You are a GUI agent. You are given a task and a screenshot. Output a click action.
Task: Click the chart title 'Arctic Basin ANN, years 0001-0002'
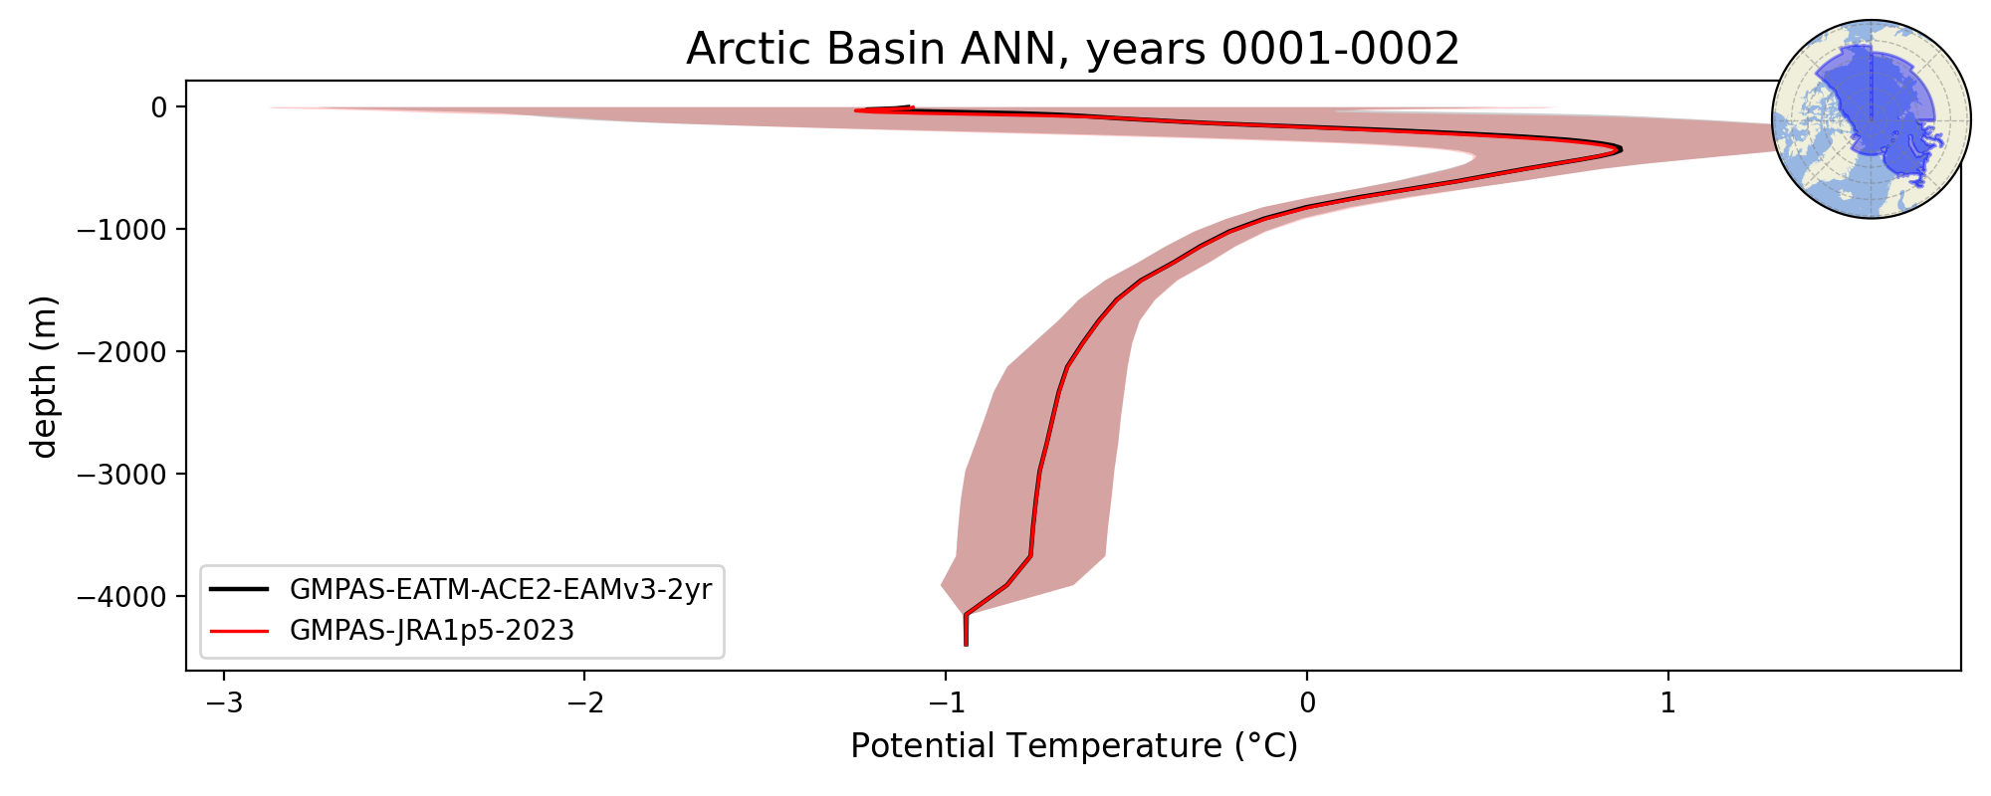(1072, 49)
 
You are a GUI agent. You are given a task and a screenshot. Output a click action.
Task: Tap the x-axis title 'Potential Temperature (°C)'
(1074, 745)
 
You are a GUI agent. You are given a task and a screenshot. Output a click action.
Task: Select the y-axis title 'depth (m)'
(45, 376)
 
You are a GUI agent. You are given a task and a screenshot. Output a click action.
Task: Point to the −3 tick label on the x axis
(224, 703)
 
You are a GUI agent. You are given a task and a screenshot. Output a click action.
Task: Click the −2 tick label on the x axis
(585, 703)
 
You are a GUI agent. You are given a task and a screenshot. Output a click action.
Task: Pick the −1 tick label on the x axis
(946, 703)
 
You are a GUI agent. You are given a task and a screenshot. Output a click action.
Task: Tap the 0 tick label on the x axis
(1307, 703)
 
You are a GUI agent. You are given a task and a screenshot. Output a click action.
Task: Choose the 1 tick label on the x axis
(1668, 703)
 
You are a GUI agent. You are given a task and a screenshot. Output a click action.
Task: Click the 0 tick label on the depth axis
(158, 106)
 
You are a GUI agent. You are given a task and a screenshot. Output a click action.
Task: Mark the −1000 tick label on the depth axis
(121, 229)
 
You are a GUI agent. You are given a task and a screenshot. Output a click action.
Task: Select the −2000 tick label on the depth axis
(121, 351)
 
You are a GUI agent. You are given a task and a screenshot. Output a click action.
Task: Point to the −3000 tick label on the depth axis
(121, 474)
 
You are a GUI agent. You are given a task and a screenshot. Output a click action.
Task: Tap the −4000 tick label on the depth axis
(121, 596)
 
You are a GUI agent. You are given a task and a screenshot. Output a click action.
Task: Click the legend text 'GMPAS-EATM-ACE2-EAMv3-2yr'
(501, 590)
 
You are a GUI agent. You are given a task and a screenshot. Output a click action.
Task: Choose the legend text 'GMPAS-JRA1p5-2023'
(432, 631)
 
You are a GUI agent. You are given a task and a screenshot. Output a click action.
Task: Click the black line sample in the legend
(240, 590)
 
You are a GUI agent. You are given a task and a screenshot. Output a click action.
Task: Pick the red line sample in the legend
(240, 631)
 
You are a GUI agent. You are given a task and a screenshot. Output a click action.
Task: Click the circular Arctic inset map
(1872, 119)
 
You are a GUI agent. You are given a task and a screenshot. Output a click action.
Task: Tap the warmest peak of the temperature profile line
(1621, 149)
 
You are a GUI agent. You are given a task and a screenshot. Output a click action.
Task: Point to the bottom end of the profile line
(966, 645)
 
